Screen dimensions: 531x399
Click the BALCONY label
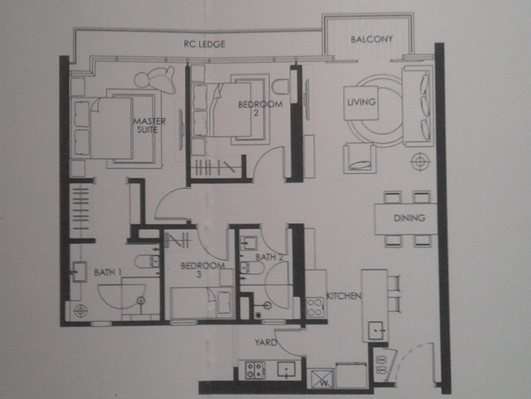[372, 39]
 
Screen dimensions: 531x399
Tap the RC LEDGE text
[204, 44]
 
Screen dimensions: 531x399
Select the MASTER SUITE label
[150, 125]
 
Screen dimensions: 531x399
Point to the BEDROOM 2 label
[260, 108]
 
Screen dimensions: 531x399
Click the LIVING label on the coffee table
[361, 101]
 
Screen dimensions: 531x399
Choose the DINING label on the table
[409, 217]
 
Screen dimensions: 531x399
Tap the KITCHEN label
[343, 296]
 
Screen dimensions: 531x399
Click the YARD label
[265, 342]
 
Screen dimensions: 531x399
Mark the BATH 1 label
[107, 272]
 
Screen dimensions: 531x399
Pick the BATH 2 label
[269, 257]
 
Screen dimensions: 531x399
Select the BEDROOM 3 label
[202, 270]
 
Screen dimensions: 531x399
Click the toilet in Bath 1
[147, 262]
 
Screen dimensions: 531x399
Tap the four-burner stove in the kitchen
[315, 307]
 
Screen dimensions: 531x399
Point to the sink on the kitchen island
[375, 330]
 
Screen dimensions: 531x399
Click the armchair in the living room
[359, 159]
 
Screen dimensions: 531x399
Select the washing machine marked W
[320, 379]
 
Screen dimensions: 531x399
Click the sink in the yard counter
[286, 370]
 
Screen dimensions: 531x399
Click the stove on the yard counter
[255, 371]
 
